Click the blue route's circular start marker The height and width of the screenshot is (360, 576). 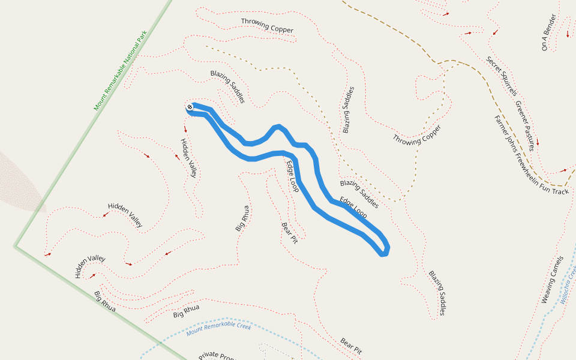pyautogui.click(x=190, y=107)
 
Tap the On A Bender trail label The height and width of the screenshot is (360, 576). pyautogui.click(x=548, y=32)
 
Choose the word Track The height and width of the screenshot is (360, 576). pyautogui.click(x=559, y=191)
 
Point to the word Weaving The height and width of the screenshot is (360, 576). pyautogui.click(x=550, y=289)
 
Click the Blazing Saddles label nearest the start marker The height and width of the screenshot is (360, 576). pyautogui.click(x=227, y=86)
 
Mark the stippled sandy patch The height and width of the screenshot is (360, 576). pyautogui.click(x=21, y=180)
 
